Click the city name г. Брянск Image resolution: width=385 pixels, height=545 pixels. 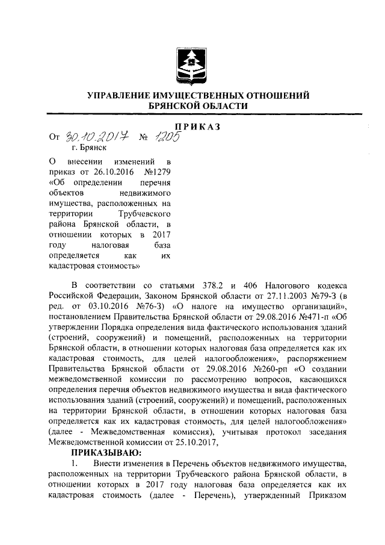[x=88, y=147]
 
